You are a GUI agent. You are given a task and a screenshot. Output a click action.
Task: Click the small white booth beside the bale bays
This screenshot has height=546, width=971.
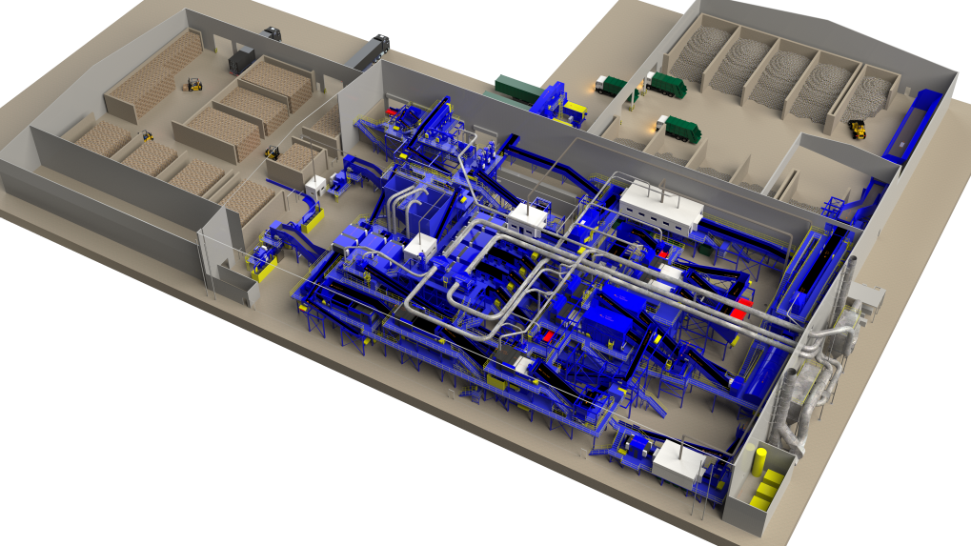(x=315, y=185)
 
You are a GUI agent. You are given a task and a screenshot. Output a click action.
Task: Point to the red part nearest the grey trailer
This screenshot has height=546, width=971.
(x=391, y=111)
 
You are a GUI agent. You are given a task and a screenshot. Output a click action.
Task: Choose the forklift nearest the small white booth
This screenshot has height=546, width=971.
(x=273, y=152)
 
